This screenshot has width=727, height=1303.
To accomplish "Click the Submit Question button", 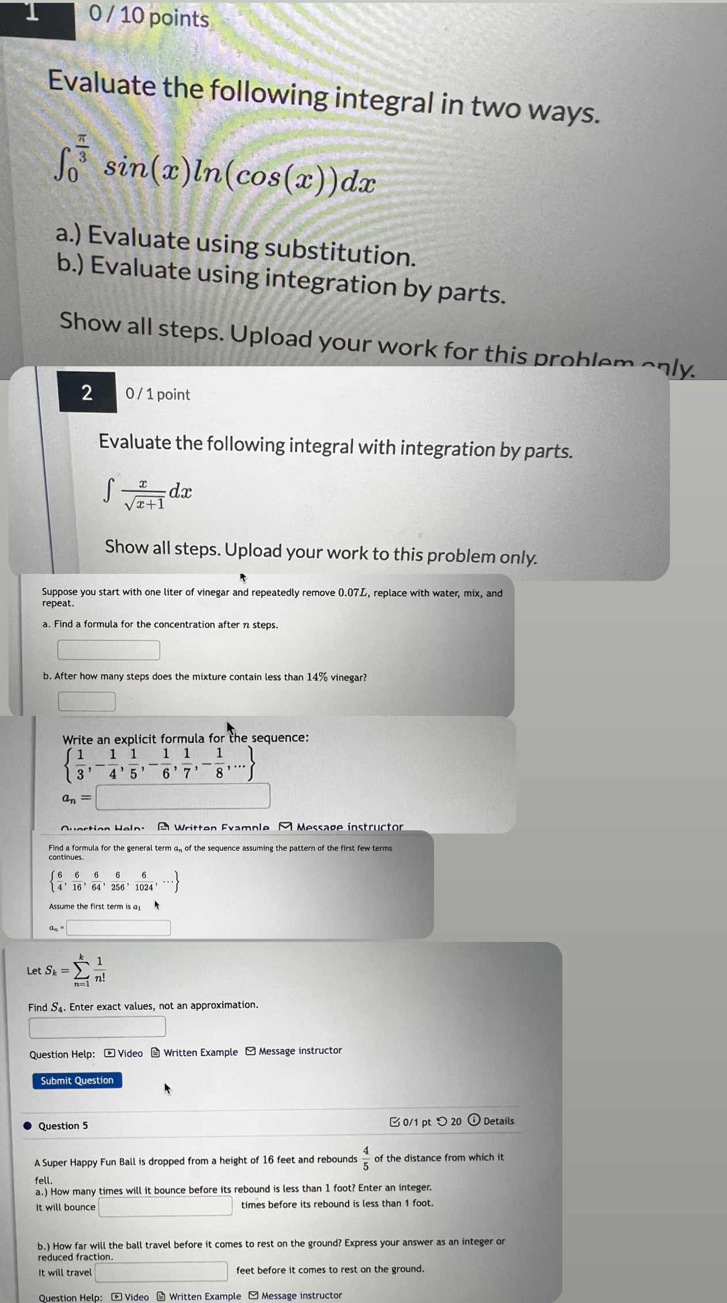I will coord(77,1080).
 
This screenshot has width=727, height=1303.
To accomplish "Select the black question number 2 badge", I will coord(87,393).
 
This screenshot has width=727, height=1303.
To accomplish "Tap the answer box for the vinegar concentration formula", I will coord(108,650).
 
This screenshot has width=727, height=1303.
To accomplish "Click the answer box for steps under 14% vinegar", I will coord(86,702).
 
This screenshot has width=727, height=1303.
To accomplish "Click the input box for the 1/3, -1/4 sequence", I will coord(182,796).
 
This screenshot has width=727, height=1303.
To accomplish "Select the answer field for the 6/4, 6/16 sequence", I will coord(119,928).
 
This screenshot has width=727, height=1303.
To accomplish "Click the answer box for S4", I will coord(97,1027).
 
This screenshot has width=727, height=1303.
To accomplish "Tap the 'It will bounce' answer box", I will coord(165,1206).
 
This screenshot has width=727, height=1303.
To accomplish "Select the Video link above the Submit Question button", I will coord(124,1053).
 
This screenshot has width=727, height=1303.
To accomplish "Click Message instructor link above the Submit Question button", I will coord(294,1051).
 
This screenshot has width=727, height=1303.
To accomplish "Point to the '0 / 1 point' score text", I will coord(158,394).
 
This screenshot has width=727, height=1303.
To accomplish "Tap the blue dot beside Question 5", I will coord(28,1125).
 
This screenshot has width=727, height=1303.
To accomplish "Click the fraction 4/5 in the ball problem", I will coord(366,1158).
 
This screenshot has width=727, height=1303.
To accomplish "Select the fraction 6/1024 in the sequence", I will coord(144,881).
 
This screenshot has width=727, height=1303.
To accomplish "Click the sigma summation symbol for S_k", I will coord(82,971).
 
